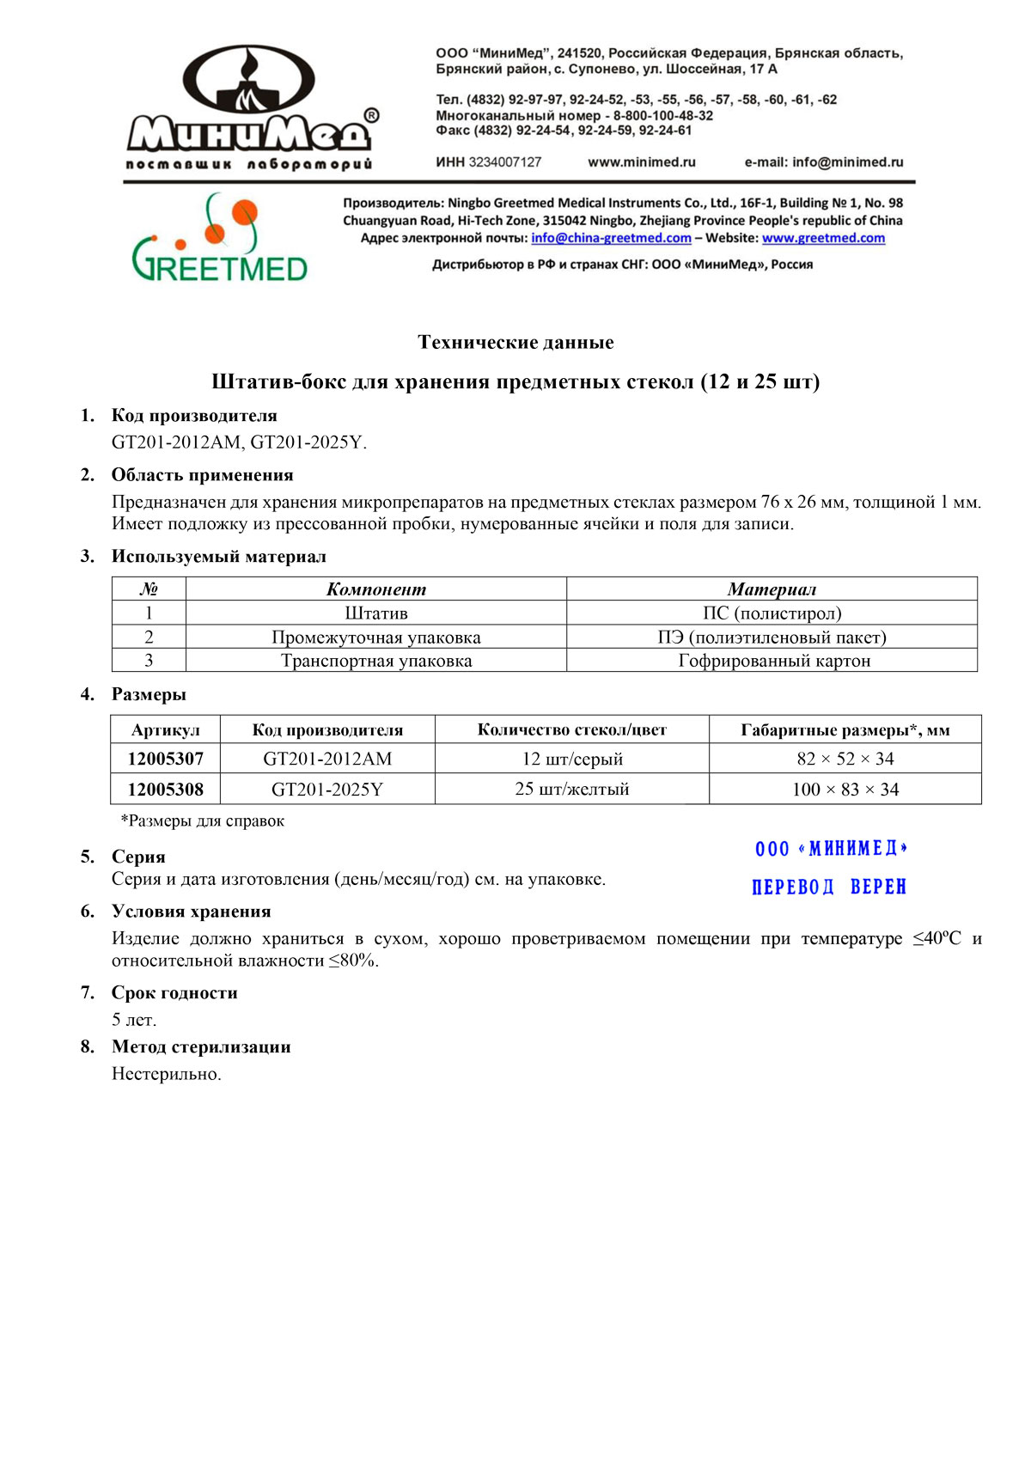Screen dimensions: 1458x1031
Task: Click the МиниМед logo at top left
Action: (249, 107)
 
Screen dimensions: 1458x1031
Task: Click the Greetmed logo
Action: (220, 238)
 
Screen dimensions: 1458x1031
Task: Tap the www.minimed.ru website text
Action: (641, 162)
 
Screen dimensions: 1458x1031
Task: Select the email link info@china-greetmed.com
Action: (611, 238)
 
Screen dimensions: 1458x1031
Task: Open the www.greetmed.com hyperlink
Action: (823, 238)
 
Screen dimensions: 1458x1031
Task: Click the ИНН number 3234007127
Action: (505, 162)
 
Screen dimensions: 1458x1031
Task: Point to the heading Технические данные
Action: (515, 342)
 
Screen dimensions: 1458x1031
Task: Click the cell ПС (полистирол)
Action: (772, 613)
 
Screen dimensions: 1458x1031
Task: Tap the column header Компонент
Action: (375, 589)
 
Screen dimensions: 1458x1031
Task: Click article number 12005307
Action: (166, 759)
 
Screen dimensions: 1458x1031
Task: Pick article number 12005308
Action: (166, 789)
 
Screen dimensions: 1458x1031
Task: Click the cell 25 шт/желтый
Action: (571, 789)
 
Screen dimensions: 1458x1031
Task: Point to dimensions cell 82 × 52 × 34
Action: (845, 759)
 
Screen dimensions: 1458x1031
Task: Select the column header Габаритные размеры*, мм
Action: (845, 730)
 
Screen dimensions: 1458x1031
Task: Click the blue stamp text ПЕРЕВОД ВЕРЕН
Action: (829, 887)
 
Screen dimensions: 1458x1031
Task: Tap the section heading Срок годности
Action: (174, 992)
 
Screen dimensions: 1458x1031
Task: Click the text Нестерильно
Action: (167, 1074)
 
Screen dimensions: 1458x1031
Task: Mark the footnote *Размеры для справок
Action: (203, 821)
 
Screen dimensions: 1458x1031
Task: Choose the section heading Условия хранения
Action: (191, 912)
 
